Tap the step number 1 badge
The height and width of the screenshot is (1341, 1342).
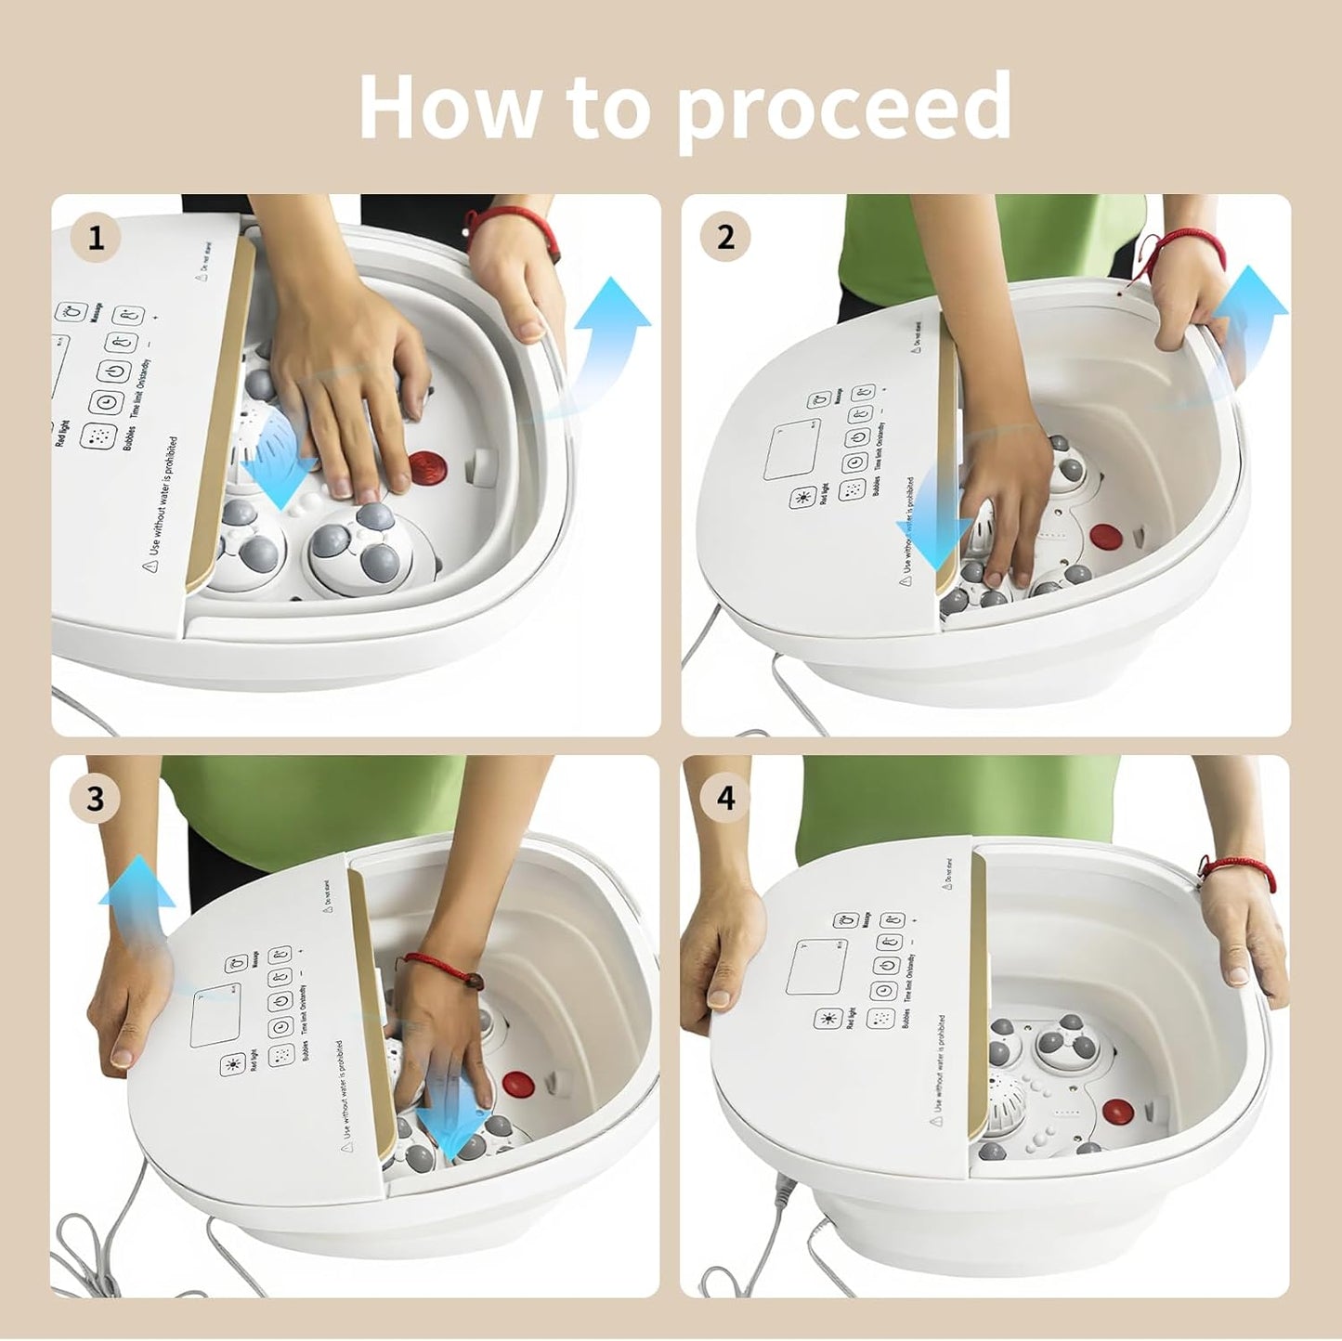click(x=96, y=239)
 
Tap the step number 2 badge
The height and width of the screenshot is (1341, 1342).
click(x=725, y=237)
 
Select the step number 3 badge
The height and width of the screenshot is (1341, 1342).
click(x=96, y=799)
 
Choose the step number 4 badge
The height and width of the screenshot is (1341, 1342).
click(x=725, y=798)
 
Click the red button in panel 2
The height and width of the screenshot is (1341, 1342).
click(x=1105, y=537)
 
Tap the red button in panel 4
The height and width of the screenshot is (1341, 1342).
click(x=1118, y=1111)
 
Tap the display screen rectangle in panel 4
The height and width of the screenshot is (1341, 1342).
click(x=816, y=967)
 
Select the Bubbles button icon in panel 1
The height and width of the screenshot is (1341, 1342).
click(x=98, y=437)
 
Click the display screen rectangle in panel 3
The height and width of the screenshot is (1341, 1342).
click(x=215, y=1018)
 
